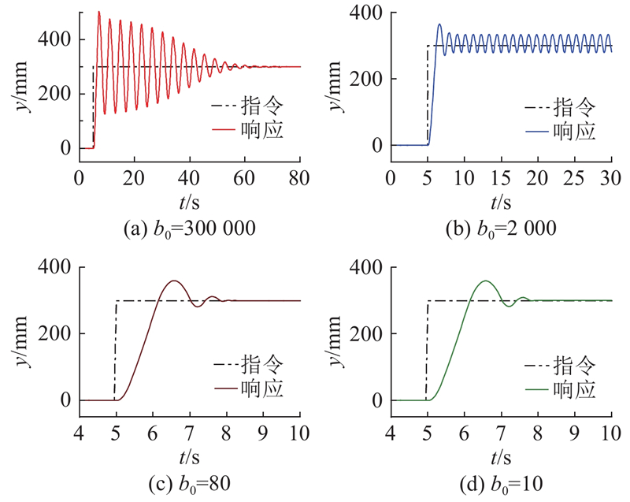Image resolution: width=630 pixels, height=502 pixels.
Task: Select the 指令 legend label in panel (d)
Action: pyautogui.click(x=574, y=364)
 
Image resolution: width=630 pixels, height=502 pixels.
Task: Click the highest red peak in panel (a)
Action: pyautogui.click(x=98, y=12)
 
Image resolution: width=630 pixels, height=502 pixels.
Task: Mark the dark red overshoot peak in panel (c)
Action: pyautogui.click(x=174, y=281)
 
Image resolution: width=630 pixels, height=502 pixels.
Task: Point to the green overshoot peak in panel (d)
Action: pyautogui.click(x=486, y=281)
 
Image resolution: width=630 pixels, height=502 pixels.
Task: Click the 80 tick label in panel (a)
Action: pyautogui.click(x=300, y=178)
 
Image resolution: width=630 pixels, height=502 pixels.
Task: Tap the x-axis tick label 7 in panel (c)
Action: pyautogui.click(x=189, y=433)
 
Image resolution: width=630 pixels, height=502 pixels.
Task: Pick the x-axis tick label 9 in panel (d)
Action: pyautogui.click(x=574, y=433)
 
